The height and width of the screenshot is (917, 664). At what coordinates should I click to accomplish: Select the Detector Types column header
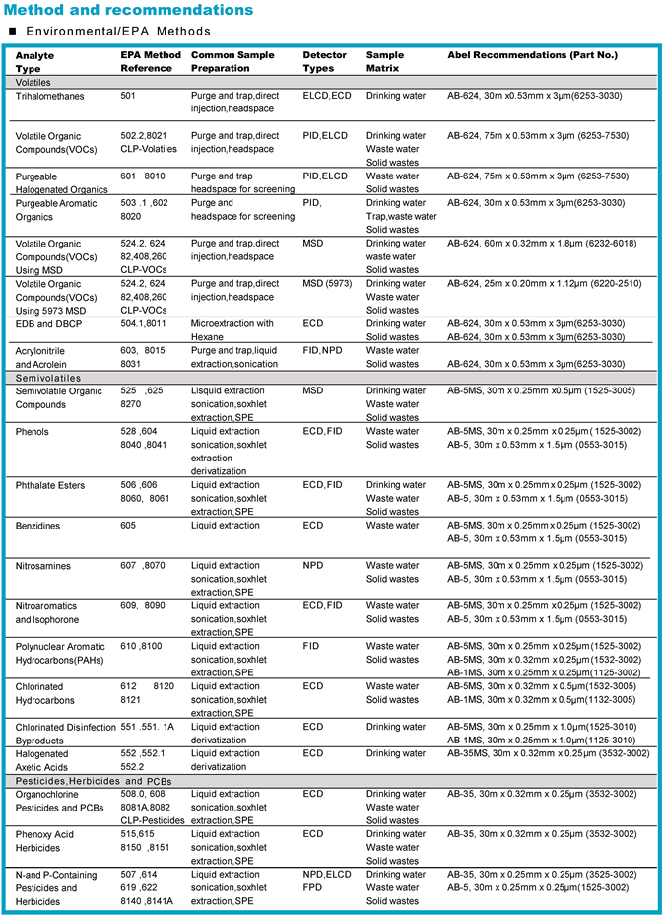(324, 62)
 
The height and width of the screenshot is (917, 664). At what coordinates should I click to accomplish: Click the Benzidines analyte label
(44, 526)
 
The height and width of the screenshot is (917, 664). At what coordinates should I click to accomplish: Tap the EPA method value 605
(128, 526)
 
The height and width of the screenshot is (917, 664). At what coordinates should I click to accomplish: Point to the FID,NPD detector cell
(323, 350)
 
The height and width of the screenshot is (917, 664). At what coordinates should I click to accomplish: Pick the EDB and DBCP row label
(50, 323)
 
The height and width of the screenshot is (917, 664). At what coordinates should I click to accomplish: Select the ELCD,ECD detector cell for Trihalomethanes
(326, 97)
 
